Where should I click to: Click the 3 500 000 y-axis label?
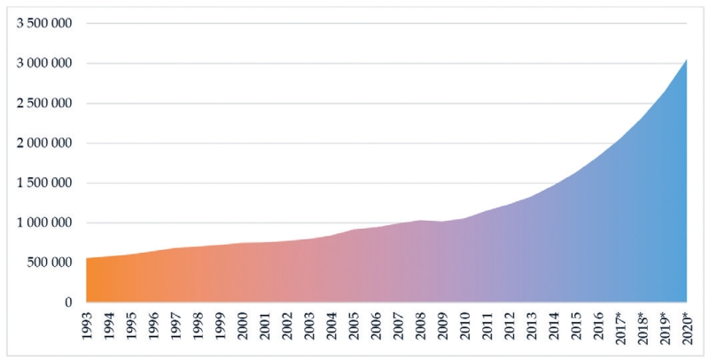pos(43,23)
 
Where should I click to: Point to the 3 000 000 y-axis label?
pos(43,63)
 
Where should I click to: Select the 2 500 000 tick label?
pos(43,103)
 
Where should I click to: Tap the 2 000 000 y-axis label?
pos(43,143)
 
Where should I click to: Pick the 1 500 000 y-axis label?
pos(43,183)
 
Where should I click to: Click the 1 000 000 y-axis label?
pos(43,223)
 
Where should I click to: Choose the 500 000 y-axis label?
pos(50,262)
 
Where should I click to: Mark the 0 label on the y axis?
pos(68,302)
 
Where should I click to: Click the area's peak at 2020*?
pos(687,59)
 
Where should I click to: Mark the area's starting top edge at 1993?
pos(86,258)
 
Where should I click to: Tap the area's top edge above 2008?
pos(420,220)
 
